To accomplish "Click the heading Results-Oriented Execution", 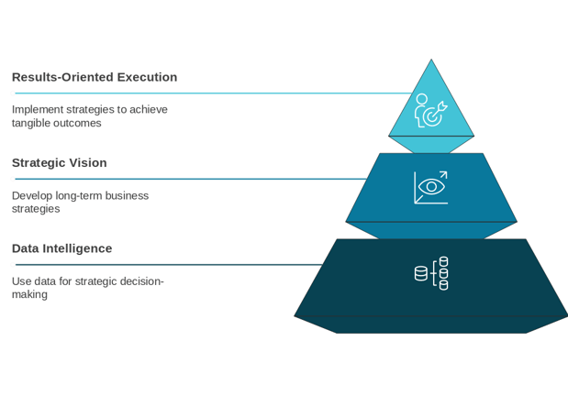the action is click(x=95, y=77).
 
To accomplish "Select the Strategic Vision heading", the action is click(x=60, y=163).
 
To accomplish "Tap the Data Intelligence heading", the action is click(x=62, y=248).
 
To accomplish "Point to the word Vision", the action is click(x=88, y=163).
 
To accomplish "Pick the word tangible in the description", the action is click(x=31, y=124).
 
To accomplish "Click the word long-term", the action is click(x=79, y=196).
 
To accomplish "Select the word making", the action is click(x=29, y=294).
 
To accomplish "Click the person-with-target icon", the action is click(x=430, y=110).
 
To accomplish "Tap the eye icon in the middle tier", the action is click(x=431, y=187).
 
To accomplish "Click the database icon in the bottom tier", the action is click(x=431, y=273).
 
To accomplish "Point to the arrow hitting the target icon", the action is click(x=440, y=108).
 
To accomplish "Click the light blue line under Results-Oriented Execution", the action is click(x=213, y=93).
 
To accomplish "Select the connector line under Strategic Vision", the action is click(x=191, y=179).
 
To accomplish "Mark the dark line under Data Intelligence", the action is click(x=169, y=265).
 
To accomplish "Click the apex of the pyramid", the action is click(x=431, y=60).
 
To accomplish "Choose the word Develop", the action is click(x=32, y=196).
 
